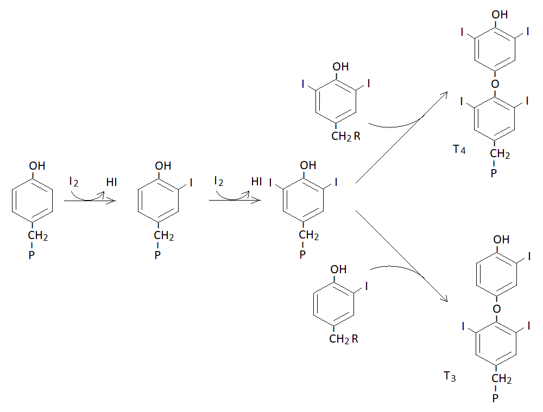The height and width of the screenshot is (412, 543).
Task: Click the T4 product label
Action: click(459, 149)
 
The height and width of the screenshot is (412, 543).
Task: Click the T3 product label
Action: click(450, 376)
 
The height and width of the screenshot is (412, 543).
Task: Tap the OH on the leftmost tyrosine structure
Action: click(37, 165)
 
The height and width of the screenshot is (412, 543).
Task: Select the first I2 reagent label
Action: click(74, 182)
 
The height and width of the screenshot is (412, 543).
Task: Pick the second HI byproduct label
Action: click(257, 181)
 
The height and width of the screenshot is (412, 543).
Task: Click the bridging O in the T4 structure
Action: click(495, 83)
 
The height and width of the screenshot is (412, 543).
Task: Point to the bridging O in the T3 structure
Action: click(497, 308)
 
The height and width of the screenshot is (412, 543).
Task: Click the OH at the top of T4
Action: click(500, 15)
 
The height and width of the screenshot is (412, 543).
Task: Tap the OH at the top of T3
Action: click(501, 239)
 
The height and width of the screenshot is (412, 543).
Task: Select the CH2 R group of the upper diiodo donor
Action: click(345, 136)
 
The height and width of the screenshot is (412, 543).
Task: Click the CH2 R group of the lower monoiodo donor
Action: click(344, 339)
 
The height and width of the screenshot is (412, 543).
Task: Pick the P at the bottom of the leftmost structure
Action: click(31, 255)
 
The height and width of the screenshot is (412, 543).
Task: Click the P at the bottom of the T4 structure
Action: click(494, 173)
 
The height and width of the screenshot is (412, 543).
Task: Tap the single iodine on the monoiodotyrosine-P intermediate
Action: click(191, 183)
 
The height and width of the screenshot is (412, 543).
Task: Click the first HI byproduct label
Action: click(111, 182)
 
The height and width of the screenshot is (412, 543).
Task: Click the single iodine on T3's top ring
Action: click(529, 256)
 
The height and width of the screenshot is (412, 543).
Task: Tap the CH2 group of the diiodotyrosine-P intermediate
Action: click(309, 235)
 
